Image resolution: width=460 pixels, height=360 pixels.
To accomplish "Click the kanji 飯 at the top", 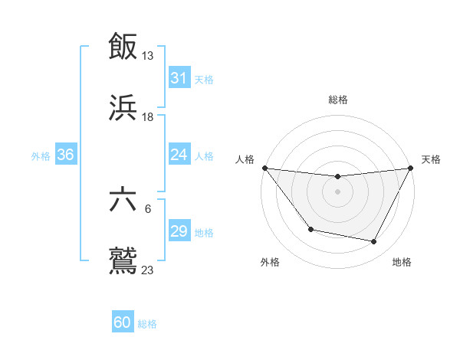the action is (123, 46).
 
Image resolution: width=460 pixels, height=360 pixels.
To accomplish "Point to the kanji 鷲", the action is (123, 260).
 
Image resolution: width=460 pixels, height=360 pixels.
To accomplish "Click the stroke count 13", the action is (148, 56).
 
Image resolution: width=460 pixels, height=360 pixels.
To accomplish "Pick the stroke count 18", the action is (148, 117).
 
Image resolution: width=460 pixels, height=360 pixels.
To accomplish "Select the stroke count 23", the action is (148, 270).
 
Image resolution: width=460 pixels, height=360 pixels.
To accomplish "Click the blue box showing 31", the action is (179, 78).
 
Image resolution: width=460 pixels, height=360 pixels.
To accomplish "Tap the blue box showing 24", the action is (179, 155).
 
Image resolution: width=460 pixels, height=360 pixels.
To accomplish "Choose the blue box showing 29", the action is (179, 231).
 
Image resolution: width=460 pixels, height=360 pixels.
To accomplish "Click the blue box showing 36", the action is (65, 155).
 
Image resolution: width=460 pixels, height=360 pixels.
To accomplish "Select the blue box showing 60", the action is (123, 322).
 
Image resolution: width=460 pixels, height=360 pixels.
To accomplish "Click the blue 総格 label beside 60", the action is (147, 324).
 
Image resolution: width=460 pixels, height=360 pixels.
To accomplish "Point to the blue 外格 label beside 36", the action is (41, 156).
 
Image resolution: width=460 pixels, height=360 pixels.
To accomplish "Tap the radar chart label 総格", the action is (338, 100).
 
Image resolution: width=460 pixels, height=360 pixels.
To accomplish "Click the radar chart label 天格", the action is (431, 159).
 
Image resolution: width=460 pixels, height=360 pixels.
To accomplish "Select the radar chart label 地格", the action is (402, 262).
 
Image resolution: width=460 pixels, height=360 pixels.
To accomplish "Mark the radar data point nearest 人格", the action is (264, 168).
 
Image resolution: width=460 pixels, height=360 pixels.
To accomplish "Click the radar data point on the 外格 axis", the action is (310, 229).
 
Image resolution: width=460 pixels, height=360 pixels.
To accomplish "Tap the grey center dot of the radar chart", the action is (337, 191).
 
